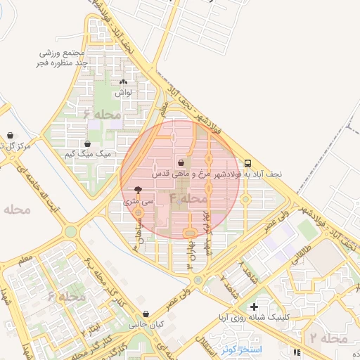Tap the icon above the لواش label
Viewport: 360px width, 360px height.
[124, 82]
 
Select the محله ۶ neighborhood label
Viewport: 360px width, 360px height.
[101, 113]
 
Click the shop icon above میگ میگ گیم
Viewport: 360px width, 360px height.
[86, 143]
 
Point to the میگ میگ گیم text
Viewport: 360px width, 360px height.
[88, 153]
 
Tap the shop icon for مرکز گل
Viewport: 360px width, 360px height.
[10, 136]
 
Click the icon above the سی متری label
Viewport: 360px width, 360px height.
[138, 190]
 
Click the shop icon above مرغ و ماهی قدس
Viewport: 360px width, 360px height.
[181, 162]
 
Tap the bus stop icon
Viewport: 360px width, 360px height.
[248, 161]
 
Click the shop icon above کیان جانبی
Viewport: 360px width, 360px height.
[146, 314]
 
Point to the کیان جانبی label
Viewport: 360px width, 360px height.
[145, 326]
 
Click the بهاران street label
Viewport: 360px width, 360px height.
[190, 252]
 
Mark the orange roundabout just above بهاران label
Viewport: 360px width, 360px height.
[188, 233]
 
